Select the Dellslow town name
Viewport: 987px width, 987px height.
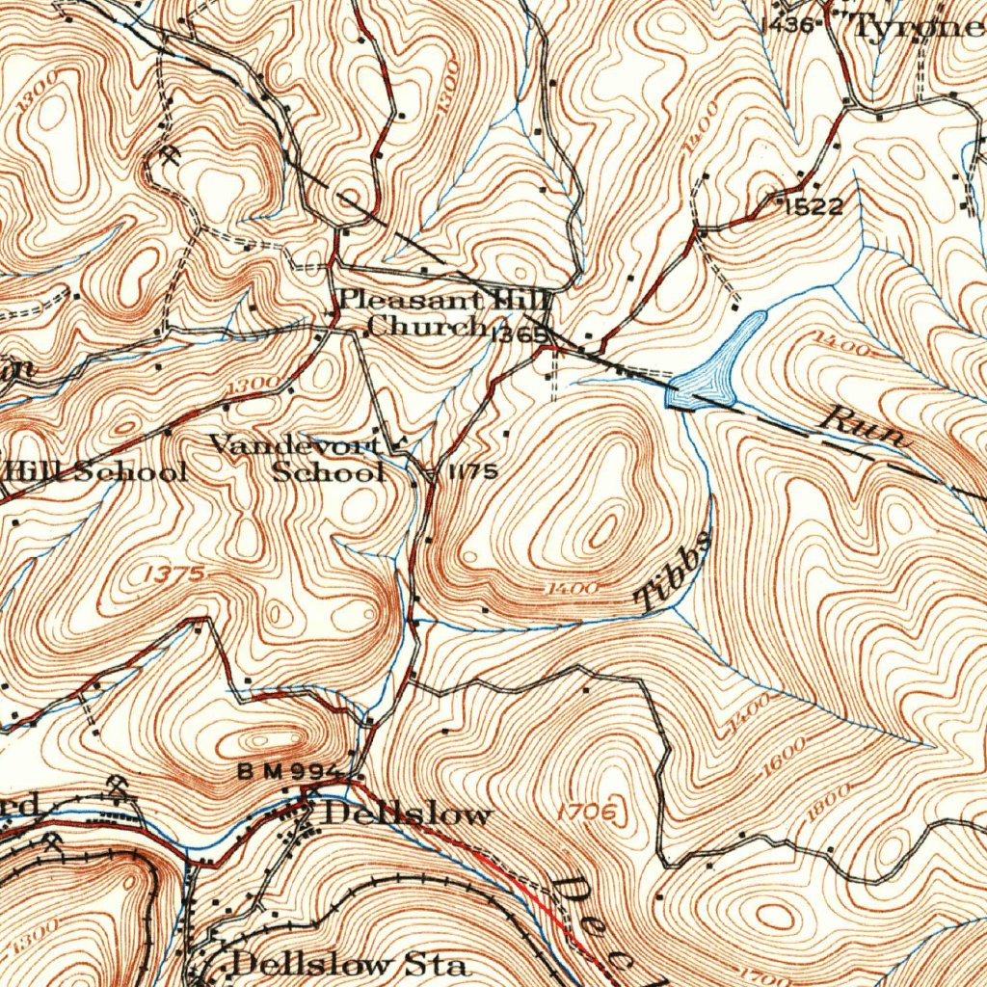(x=407, y=814)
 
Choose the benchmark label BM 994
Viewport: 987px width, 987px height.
(x=289, y=772)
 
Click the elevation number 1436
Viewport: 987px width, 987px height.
(x=788, y=23)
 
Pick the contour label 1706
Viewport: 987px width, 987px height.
(x=586, y=813)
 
